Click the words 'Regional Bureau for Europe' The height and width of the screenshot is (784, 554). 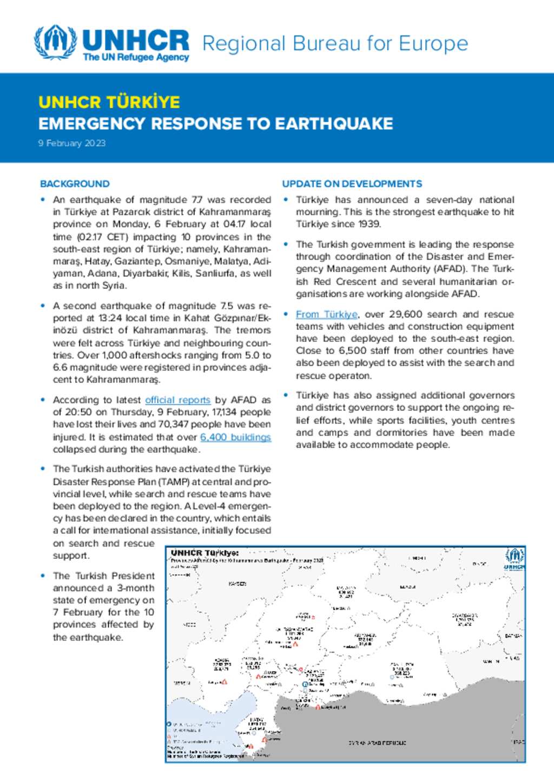tap(335, 43)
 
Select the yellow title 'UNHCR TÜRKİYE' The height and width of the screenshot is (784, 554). tap(109, 102)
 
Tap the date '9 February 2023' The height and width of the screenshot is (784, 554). tap(72, 143)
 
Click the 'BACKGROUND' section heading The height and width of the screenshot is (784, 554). tap(75, 184)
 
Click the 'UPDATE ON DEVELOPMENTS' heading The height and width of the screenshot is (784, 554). tap(352, 184)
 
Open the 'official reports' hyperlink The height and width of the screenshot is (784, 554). tap(177, 400)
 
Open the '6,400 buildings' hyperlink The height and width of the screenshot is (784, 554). tap(235, 437)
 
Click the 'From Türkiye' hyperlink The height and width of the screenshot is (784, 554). tap(326, 314)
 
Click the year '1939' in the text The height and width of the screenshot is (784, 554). tap(370, 224)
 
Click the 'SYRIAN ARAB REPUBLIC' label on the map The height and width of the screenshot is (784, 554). tap(377, 743)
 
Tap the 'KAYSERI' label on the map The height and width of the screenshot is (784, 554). tap(238, 584)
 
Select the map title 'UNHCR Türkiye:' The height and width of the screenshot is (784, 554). tap(205, 553)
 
